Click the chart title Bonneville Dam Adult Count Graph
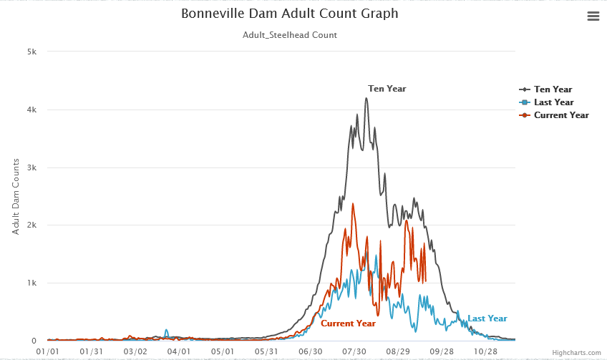point(289,14)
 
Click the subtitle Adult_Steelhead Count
point(289,34)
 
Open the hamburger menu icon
point(593,16)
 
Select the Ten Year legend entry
point(553,89)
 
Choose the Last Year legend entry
point(553,102)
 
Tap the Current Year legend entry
point(561,115)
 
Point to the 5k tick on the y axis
point(32,52)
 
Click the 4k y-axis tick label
point(32,110)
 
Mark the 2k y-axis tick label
point(32,225)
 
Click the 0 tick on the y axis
point(34,341)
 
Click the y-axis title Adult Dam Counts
point(16,197)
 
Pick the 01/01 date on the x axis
point(47,351)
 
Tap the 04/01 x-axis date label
point(179,351)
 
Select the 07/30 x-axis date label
point(354,351)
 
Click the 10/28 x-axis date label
point(486,351)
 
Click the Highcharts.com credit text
point(576,353)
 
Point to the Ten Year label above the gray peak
point(387,89)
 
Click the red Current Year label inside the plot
point(348,323)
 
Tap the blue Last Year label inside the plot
point(487,318)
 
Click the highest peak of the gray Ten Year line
point(366,99)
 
